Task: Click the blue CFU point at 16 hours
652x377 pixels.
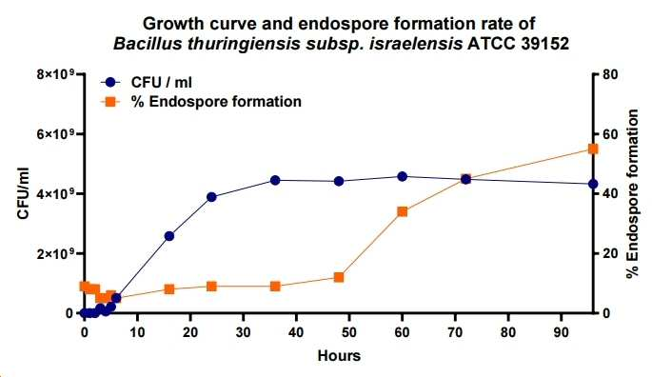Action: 169,236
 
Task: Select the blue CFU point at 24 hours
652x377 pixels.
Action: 211,197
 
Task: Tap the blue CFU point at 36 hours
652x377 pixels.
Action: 275,180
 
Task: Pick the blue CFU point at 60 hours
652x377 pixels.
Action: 402,176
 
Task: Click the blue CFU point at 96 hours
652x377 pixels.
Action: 593,184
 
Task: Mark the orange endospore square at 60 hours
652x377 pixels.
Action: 402,211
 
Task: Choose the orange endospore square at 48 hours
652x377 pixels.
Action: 339,277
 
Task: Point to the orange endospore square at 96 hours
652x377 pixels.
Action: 593,149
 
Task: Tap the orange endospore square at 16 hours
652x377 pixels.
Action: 169,289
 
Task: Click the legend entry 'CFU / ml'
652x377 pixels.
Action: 147,83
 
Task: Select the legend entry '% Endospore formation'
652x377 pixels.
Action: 201,101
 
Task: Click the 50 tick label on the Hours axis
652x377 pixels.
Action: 349,332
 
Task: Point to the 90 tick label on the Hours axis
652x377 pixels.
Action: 562,332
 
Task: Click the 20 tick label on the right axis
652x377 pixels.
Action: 611,253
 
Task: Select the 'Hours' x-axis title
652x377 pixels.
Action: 339,356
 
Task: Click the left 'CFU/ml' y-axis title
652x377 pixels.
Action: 23,193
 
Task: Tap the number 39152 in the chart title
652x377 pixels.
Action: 544,43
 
